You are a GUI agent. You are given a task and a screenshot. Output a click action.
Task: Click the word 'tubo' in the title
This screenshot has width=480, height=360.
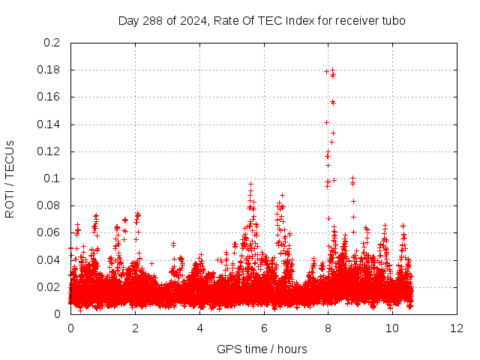pyautogui.click(x=393, y=21)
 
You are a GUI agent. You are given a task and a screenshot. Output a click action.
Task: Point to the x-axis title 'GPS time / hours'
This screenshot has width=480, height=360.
pyautogui.click(x=262, y=349)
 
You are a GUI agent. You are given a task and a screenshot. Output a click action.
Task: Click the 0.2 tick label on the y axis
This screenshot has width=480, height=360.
pyautogui.click(x=52, y=43)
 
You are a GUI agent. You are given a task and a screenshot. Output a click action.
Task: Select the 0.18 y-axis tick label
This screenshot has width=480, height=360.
pyautogui.click(x=49, y=70)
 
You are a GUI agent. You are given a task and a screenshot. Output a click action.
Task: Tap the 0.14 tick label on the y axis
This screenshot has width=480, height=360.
pyautogui.click(x=49, y=124)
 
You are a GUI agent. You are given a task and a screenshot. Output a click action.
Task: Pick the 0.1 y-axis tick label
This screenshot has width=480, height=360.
pyautogui.click(x=52, y=178)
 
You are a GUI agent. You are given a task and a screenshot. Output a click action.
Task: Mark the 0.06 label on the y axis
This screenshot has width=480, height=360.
pyautogui.click(x=49, y=232)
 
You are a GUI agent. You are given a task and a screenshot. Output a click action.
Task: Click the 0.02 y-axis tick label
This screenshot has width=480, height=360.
pyautogui.click(x=49, y=287)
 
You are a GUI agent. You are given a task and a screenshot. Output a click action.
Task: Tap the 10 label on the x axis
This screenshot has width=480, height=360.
pyautogui.click(x=392, y=328)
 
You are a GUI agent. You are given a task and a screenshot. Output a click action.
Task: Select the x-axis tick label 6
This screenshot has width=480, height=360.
pyautogui.click(x=264, y=328)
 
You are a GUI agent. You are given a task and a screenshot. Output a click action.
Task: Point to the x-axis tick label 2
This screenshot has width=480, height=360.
pyautogui.click(x=135, y=328)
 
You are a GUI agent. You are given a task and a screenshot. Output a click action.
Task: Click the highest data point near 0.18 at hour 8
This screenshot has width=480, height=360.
pyautogui.click(x=332, y=70)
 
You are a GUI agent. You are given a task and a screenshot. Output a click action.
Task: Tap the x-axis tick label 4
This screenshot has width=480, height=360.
pyautogui.click(x=199, y=328)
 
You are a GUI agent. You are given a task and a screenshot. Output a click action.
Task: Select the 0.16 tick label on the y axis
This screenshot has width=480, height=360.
pyautogui.click(x=49, y=97)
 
